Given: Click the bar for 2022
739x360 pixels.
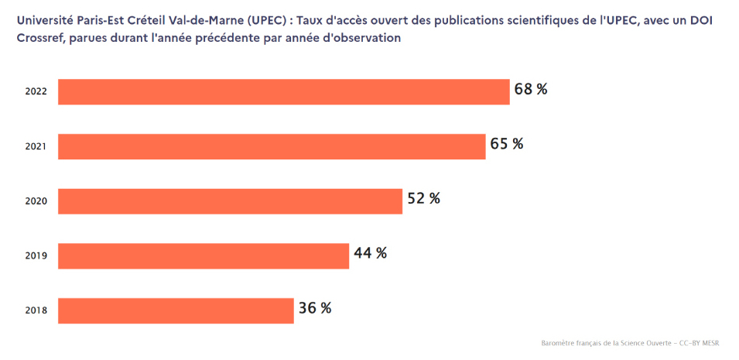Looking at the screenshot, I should coord(284,91).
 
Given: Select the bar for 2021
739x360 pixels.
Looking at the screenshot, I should coord(272,146).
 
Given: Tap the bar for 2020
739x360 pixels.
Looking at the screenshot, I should coord(231,201).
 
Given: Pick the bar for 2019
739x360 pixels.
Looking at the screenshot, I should coord(204,255).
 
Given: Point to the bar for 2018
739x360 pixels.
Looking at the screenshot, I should coord(176,310).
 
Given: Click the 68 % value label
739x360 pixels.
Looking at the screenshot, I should coord(531,89).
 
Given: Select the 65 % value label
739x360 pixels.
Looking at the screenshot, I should coord(507,144).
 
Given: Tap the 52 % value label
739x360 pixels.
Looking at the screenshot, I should coord(424,198).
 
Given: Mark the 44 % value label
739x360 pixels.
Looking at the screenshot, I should coord(370,253).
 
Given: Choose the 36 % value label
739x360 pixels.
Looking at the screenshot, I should coord(315,308).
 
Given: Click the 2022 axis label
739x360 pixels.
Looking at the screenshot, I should coord(36,91).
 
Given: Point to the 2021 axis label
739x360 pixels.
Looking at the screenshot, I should coord(36,146).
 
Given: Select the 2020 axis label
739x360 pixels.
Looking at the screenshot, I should coord(36,201).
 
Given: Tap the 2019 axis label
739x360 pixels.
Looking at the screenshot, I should coord(36,255).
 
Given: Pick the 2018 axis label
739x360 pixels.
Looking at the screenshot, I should coord(36,310).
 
